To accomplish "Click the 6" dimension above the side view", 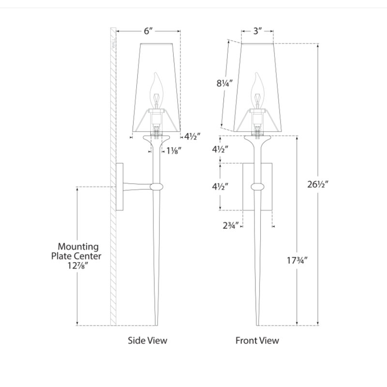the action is pos(149,31).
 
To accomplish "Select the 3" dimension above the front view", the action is pos(257,31).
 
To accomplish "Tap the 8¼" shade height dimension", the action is pos(224,83).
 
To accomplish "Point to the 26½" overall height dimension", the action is pos(318,184).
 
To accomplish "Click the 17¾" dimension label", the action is pos(297,260).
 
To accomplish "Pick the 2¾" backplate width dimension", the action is pos(231,225).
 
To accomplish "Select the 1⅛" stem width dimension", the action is pos(174,150).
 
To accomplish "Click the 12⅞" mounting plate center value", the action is pos(78,266).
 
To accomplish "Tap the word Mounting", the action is pos(78,247).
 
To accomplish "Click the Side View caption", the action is pos(148,341).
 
